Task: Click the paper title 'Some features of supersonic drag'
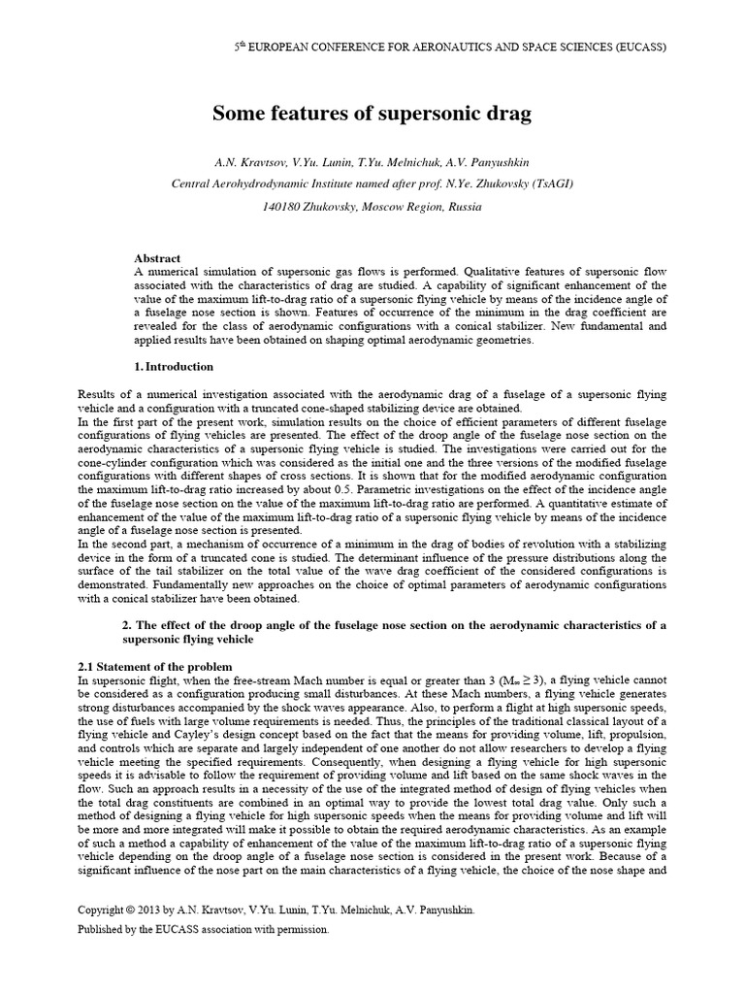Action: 372,115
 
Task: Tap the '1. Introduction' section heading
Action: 173,367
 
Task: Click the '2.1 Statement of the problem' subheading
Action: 154,667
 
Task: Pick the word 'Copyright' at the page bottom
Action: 103,911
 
